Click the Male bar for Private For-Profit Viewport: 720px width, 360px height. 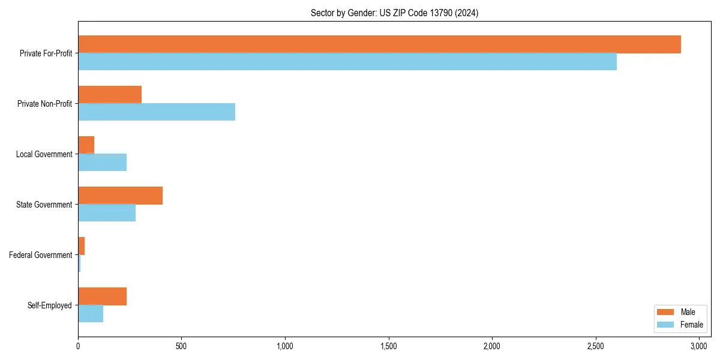tap(379, 44)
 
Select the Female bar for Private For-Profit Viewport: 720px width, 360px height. tap(347, 62)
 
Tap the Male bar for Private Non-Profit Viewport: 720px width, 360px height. tap(110, 95)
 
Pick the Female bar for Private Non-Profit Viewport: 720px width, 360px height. tap(157, 112)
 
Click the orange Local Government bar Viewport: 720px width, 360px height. tap(86, 145)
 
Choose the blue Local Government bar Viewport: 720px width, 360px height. tap(103, 163)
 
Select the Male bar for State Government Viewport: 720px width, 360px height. tap(120, 196)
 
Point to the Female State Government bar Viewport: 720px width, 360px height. tap(107, 213)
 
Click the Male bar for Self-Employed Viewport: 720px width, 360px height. tap(103, 296)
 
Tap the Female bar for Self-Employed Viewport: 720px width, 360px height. tap(91, 314)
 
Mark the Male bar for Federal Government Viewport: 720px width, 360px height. tap(82, 246)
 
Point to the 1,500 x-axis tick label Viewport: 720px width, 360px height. tap(389, 347)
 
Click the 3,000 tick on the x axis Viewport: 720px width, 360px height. tap(699, 347)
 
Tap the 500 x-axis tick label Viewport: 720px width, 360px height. tap(181, 347)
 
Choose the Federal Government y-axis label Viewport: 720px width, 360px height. tap(41, 255)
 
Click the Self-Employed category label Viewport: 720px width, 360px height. tap(50, 305)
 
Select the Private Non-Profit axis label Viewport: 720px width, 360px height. tap(44, 104)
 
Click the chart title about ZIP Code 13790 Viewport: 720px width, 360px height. tap(394, 13)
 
